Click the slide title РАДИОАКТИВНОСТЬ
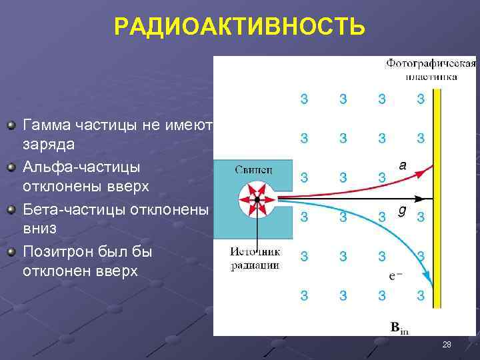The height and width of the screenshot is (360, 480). tap(239, 27)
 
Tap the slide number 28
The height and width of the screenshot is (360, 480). tap(447, 345)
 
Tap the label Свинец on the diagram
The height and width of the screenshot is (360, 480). tap(253, 169)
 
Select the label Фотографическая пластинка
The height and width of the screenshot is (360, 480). tap(431, 69)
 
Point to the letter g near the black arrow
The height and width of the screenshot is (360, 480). tap(401, 210)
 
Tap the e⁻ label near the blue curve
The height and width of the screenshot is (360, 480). tap(395, 275)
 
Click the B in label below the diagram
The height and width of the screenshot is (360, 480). tap(399, 327)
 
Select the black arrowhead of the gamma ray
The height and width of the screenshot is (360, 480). tap(419, 199)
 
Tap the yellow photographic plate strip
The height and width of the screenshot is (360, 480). tap(437, 200)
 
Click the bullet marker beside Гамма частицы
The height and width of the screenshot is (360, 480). tap(11, 125)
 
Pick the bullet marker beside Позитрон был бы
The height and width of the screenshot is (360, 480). tap(11, 253)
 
